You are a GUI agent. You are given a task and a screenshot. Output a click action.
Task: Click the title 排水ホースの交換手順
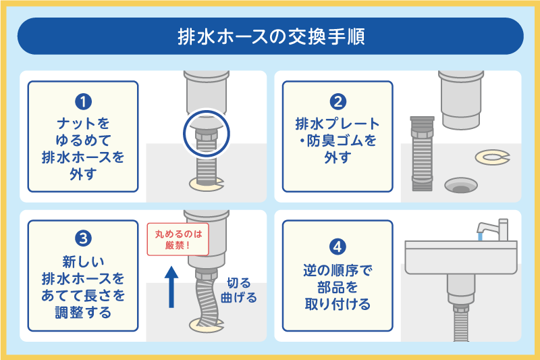270,36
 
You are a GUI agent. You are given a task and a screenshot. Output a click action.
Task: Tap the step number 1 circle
83,102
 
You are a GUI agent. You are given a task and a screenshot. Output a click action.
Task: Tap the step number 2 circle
337,102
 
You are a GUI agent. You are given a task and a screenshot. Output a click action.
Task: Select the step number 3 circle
83,238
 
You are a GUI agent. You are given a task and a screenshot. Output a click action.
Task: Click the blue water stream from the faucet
479,237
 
